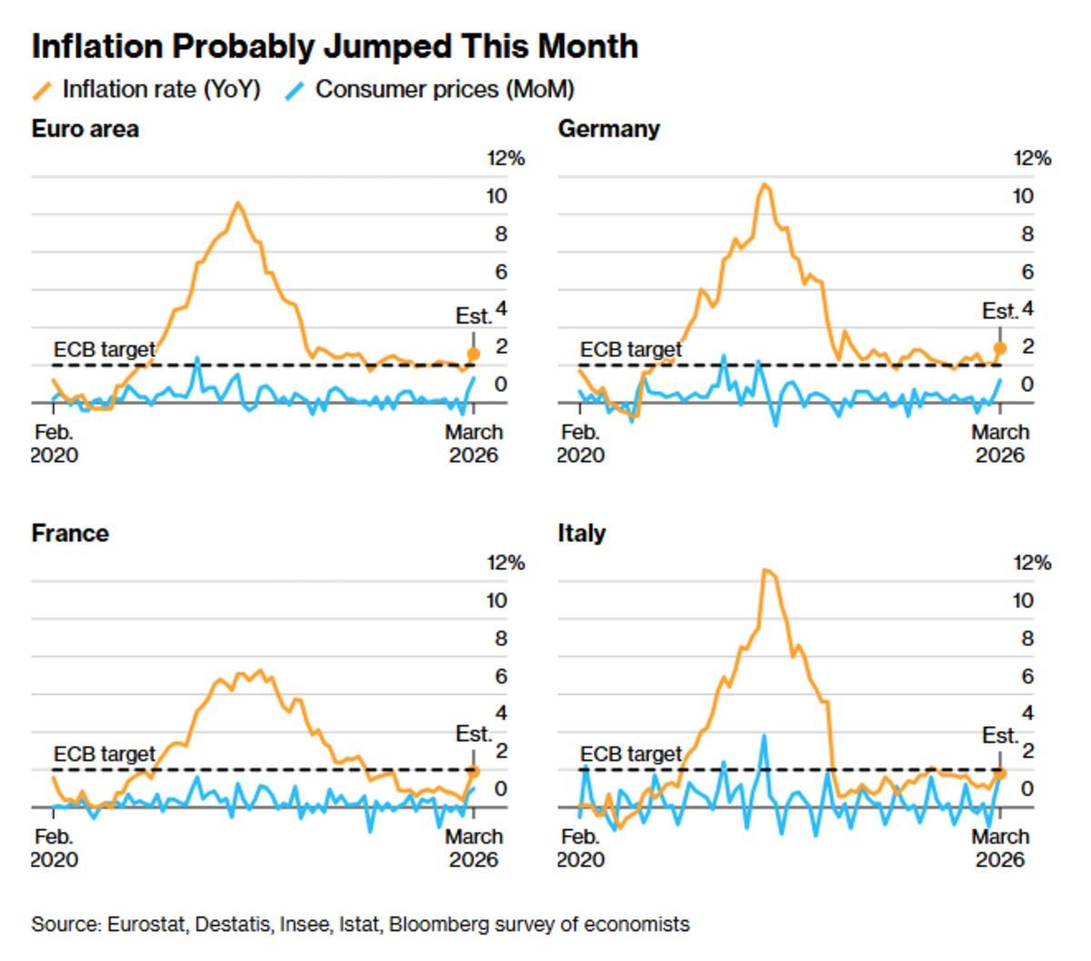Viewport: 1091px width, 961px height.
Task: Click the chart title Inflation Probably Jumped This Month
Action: click(x=335, y=46)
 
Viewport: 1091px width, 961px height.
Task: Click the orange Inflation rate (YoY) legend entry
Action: click(x=145, y=89)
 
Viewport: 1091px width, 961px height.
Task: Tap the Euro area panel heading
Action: click(x=85, y=128)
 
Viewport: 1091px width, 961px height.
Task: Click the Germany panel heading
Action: click(x=608, y=128)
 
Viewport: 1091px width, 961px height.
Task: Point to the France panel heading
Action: click(x=70, y=533)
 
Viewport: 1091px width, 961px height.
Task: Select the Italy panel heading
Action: click(x=581, y=533)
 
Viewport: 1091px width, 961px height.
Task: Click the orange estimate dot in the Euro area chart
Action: click(x=473, y=354)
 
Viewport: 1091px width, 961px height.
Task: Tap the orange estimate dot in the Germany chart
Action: click(x=1000, y=347)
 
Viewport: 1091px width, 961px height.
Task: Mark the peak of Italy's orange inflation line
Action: click(x=766, y=570)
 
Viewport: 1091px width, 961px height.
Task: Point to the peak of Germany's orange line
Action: click(x=765, y=185)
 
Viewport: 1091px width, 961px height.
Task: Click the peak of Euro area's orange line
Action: click(x=238, y=203)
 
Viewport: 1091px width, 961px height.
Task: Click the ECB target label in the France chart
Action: click(x=104, y=754)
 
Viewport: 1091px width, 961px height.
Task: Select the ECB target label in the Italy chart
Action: click(x=630, y=754)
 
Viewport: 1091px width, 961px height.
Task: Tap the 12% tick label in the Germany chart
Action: click(x=1032, y=158)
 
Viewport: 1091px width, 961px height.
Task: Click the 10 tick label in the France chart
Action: click(x=496, y=600)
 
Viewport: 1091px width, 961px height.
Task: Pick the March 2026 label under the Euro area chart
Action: click(x=473, y=443)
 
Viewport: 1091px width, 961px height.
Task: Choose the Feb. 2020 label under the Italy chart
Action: click(x=580, y=847)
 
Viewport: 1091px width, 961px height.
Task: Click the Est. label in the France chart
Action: click(x=473, y=734)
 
